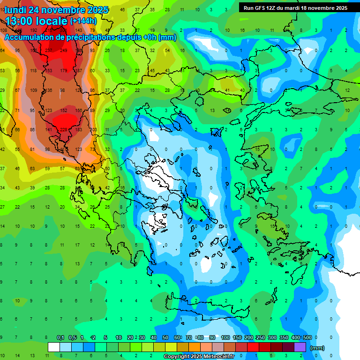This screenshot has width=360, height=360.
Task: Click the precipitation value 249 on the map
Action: coord(64,50)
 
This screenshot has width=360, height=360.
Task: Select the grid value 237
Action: coord(49,50)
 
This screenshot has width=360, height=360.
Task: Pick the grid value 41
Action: coord(227,90)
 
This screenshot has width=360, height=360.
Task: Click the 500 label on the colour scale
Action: coord(307,337)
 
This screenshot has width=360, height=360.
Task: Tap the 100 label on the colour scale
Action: coord(225,337)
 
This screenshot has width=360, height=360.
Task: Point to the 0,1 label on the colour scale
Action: coord(60,337)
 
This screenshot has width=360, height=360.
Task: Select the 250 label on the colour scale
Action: coord(261,337)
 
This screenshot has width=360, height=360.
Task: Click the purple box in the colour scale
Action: coord(300,347)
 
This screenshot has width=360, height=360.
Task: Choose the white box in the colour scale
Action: coord(54,347)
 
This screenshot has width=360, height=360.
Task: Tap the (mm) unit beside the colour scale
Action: coord(317,348)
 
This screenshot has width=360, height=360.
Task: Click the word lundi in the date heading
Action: coord(17,9)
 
